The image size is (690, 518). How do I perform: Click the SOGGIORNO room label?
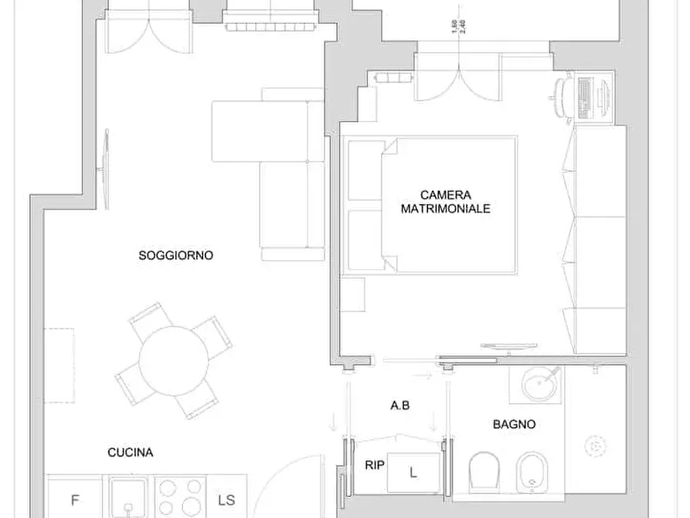(x=175, y=254)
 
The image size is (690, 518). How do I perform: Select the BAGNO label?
(x=514, y=424)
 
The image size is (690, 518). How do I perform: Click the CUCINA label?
(x=129, y=452)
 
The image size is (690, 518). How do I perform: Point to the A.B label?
(x=399, y=405)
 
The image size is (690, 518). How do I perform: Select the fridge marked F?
(x=75, y=498)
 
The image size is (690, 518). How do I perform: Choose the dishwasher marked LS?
(x=227, y=498)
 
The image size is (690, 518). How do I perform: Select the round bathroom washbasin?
(x=537, y=382)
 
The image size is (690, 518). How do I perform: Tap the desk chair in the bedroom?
(x=562, y=97)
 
